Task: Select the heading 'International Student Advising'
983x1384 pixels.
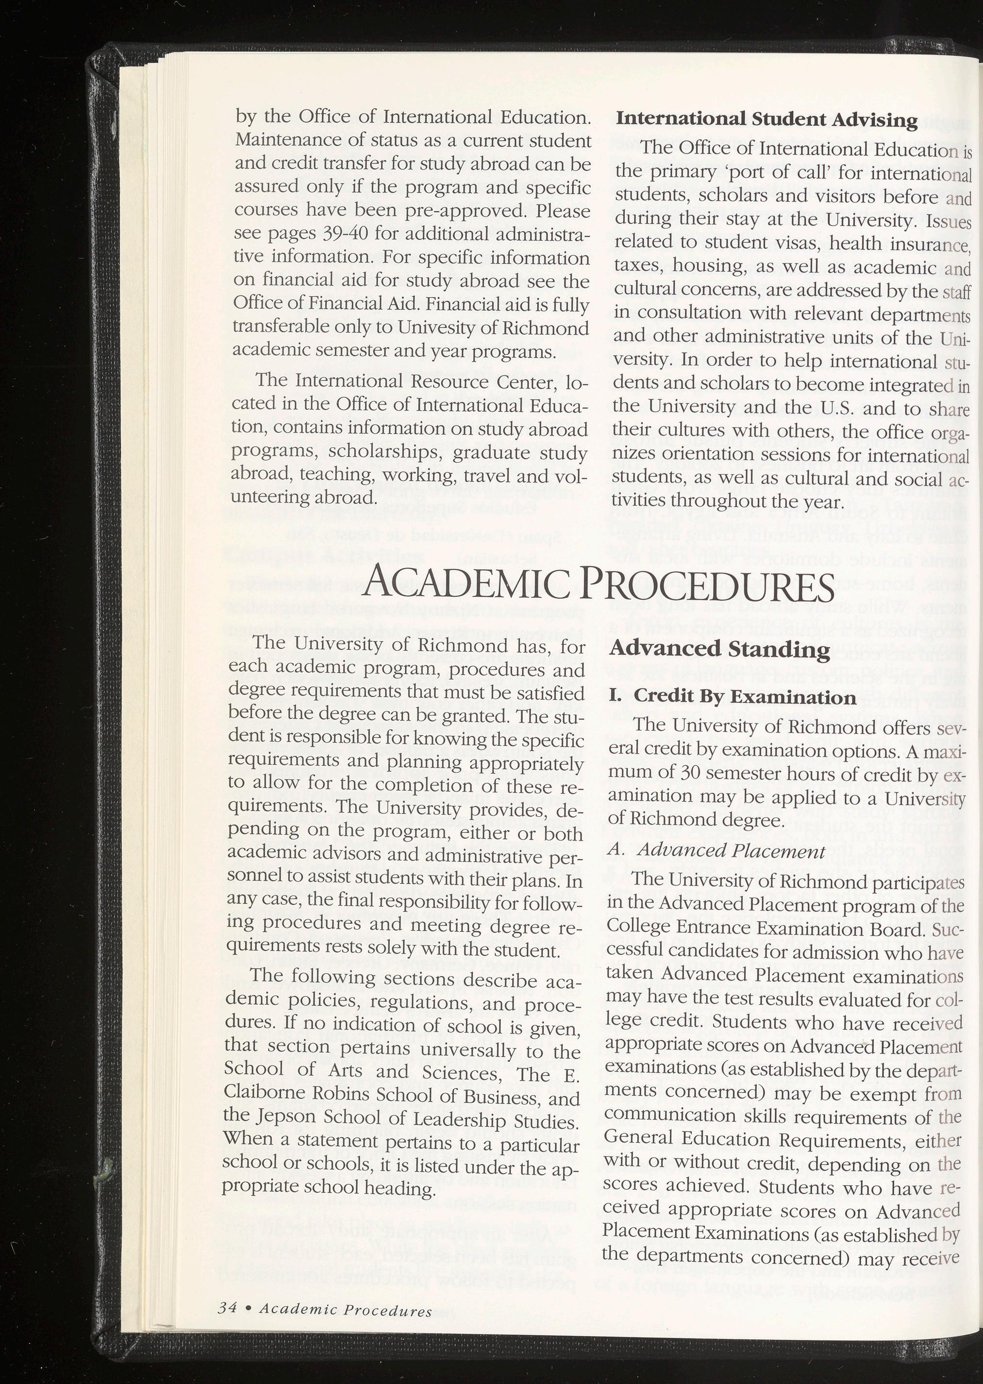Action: point(766,120)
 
